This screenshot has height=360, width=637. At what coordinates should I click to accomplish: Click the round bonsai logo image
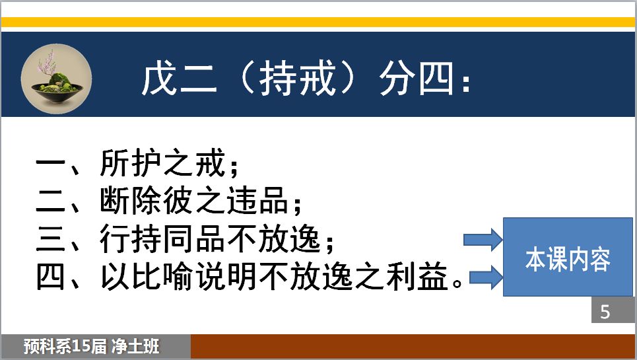tap(57, 79)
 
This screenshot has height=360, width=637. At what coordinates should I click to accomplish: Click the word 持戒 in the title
tap(297, 79)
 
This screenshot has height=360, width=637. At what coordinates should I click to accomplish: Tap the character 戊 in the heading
tap(160, 79)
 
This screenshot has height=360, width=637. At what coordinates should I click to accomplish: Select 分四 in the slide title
tap(417, 79)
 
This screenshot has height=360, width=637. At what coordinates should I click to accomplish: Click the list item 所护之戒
tap(163, 163)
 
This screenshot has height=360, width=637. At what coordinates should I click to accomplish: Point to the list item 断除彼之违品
tap(194, 200)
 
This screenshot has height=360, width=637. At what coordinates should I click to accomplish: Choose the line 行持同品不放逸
tap(210, 238)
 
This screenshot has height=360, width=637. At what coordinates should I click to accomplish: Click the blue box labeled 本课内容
tap(568, 257)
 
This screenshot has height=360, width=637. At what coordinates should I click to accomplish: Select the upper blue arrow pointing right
tap(483, 239)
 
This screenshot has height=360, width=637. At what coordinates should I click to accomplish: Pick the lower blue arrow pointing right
tap(486, 277)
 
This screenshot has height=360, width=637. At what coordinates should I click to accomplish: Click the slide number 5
tap(605, 312)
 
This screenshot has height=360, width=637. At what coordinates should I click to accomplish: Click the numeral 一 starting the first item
tap(50, 163)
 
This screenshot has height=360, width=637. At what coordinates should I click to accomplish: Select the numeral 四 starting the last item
tap(50, 277)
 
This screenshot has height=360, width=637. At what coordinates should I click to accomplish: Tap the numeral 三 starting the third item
tap(50, 239)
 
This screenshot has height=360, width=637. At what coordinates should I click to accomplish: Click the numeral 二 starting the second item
tap(50, 201)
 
